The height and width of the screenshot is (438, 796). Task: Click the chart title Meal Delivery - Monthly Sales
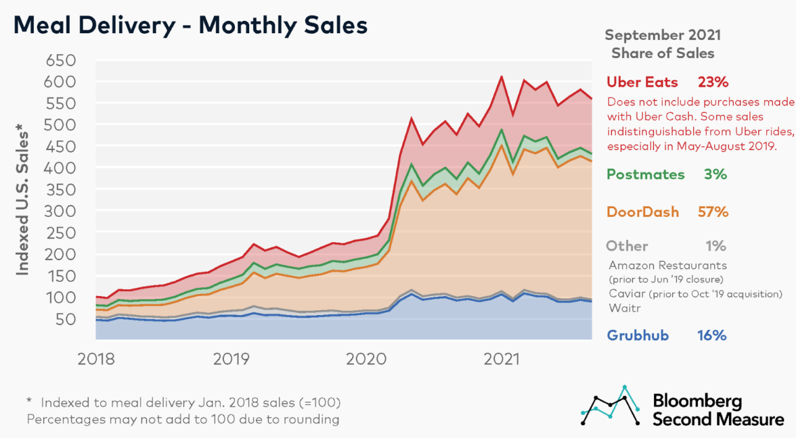click(191, 25)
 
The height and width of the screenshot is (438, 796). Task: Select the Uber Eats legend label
click(642, 82)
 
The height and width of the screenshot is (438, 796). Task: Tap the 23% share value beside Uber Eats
click(713, 82)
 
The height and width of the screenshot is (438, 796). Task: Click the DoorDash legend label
click(642, 212)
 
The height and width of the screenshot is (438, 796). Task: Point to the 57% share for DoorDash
click(713, 212)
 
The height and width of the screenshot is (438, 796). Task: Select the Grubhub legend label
click(639, 335)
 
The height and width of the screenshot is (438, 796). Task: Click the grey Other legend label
click(627, 246)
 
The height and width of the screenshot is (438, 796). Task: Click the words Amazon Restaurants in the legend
click(667, 266)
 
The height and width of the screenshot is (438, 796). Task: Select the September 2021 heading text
click(663, 34)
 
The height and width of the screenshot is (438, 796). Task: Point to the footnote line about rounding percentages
click(183, 419)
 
